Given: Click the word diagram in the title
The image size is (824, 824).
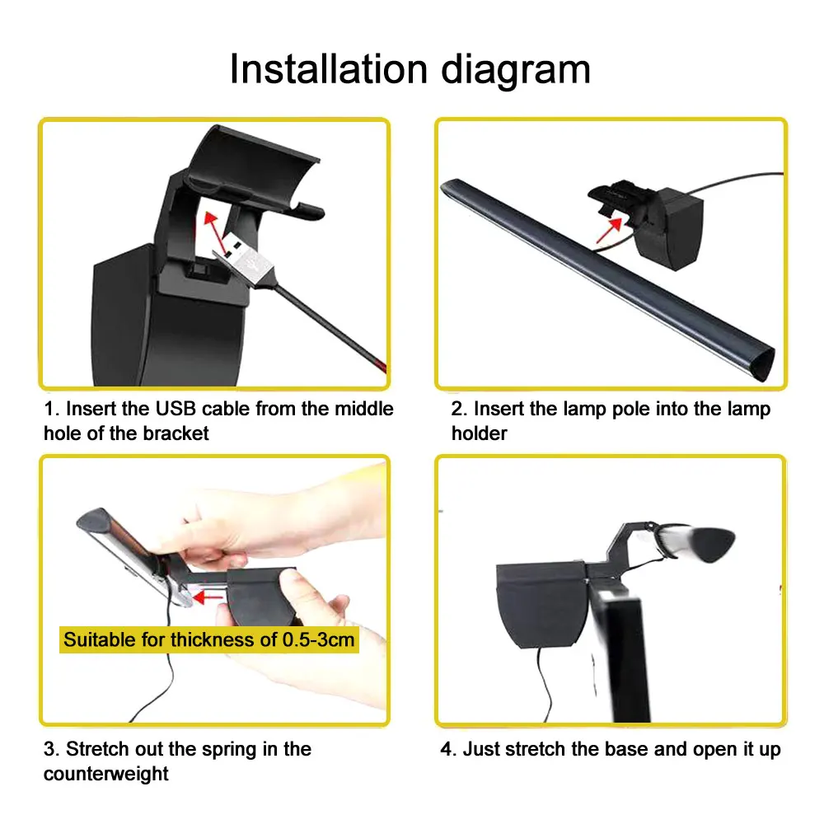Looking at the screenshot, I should coord(517,69).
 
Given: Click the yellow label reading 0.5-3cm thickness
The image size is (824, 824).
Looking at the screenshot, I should coord(210,639).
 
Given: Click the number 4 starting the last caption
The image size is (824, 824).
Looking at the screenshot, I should coord(446,750).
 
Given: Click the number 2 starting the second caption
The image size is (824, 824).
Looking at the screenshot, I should coord(457,410).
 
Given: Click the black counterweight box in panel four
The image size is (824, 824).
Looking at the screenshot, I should coord(540,602).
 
